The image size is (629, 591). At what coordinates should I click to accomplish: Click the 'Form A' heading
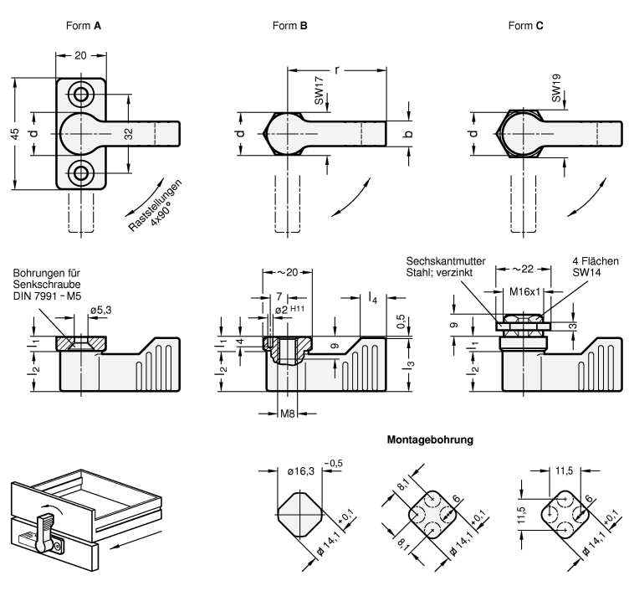point(83,26)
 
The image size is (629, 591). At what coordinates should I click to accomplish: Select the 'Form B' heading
point(290,26)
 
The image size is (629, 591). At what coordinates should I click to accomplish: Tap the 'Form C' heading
point(525,26)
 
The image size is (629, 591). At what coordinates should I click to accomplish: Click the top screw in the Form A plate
point(80,93)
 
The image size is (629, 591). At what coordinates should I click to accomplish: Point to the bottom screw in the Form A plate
point(80,173)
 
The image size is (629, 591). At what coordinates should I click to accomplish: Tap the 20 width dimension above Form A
point(80,57)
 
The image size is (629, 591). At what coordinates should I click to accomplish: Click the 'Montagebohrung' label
point(430,439)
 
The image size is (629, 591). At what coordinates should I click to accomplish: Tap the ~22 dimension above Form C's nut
point(522,268)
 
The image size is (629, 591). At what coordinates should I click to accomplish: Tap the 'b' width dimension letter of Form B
point(409,133)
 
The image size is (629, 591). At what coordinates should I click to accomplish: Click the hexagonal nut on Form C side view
point(521,321)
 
